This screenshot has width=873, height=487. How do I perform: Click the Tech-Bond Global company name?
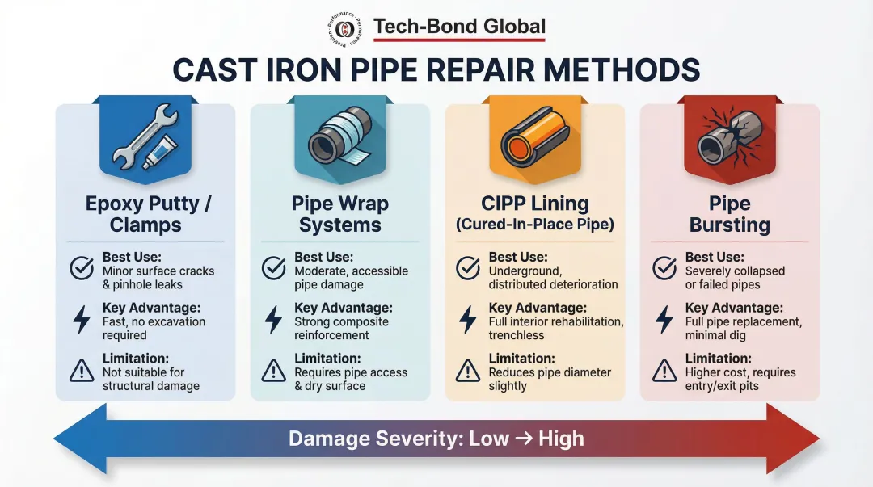(459, 27)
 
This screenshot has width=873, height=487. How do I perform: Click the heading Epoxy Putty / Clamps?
(148, 213)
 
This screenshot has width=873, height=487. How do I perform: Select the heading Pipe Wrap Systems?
(339, 213)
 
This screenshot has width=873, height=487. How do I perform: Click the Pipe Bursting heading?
(730, 213)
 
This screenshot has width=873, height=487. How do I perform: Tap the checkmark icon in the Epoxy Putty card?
(82, 268)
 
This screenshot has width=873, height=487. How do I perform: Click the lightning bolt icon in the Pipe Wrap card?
(274, 319)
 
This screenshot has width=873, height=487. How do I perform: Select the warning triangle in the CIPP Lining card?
(469, 370)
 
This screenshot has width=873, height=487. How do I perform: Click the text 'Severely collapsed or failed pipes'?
(735, 278)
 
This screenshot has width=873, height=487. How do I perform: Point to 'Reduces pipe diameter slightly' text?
(550, 380)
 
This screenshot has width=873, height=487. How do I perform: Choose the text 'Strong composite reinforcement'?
(341, 329)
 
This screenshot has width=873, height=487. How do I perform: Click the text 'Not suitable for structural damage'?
(150, 380)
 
